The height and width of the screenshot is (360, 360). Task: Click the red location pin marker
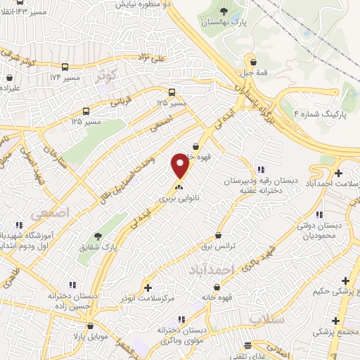click(181, 166)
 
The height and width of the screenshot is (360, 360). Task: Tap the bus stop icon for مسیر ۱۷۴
click(65, 67)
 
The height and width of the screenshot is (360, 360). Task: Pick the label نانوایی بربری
click(179, 199)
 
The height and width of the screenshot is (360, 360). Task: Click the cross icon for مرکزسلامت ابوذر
click(148, 288)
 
